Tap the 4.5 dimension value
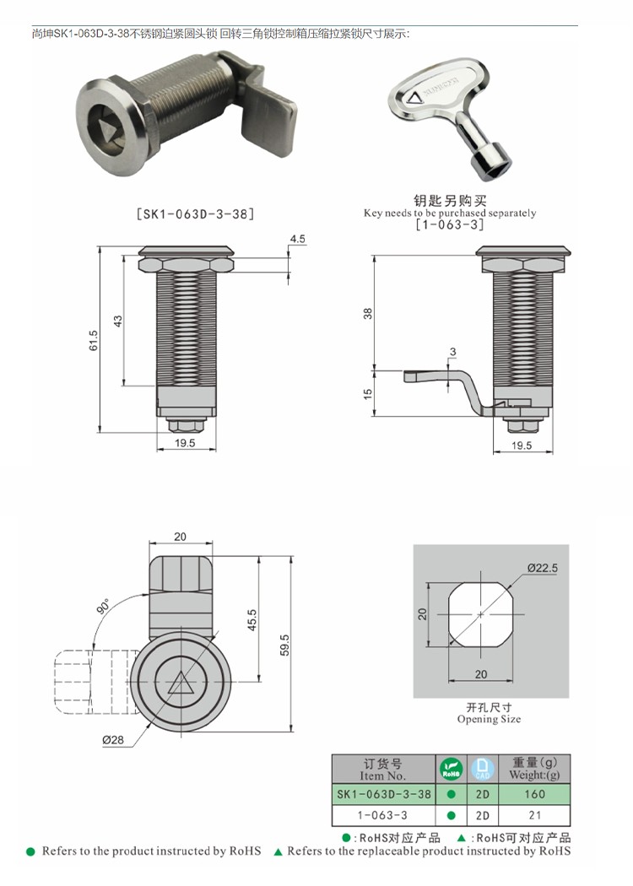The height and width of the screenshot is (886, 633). pyautogui.click(x=297, y=240)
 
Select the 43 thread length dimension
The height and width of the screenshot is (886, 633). pyautogui.click(x=118, y=321)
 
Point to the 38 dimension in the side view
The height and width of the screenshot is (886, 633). pyautogui.click(x=367, y=313)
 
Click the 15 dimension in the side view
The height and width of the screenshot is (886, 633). pyautogui.click(x=367, y=392)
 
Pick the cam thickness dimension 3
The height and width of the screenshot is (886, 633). pyautogui.click(x=453, y=351)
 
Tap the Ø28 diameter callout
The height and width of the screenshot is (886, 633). pyautogui.click(x=113, y=740)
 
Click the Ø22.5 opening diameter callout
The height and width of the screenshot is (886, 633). pyautogui.click(x=542, y=569)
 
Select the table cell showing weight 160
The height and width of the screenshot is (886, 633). pyautogui.click(x=534, y=794)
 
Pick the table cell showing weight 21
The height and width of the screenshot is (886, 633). pyautogui.click(x=534, y=815)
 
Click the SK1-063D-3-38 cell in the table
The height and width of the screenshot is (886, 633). pyautogui.click(x=383, y=794)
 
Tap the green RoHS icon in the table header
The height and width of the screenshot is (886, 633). pyautogui.click(x=450, y=769)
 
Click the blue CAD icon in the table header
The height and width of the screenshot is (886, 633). pyautogui.click(x=482, y=769)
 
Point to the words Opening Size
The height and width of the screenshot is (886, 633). pyautogui.click(x=489, y=720)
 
